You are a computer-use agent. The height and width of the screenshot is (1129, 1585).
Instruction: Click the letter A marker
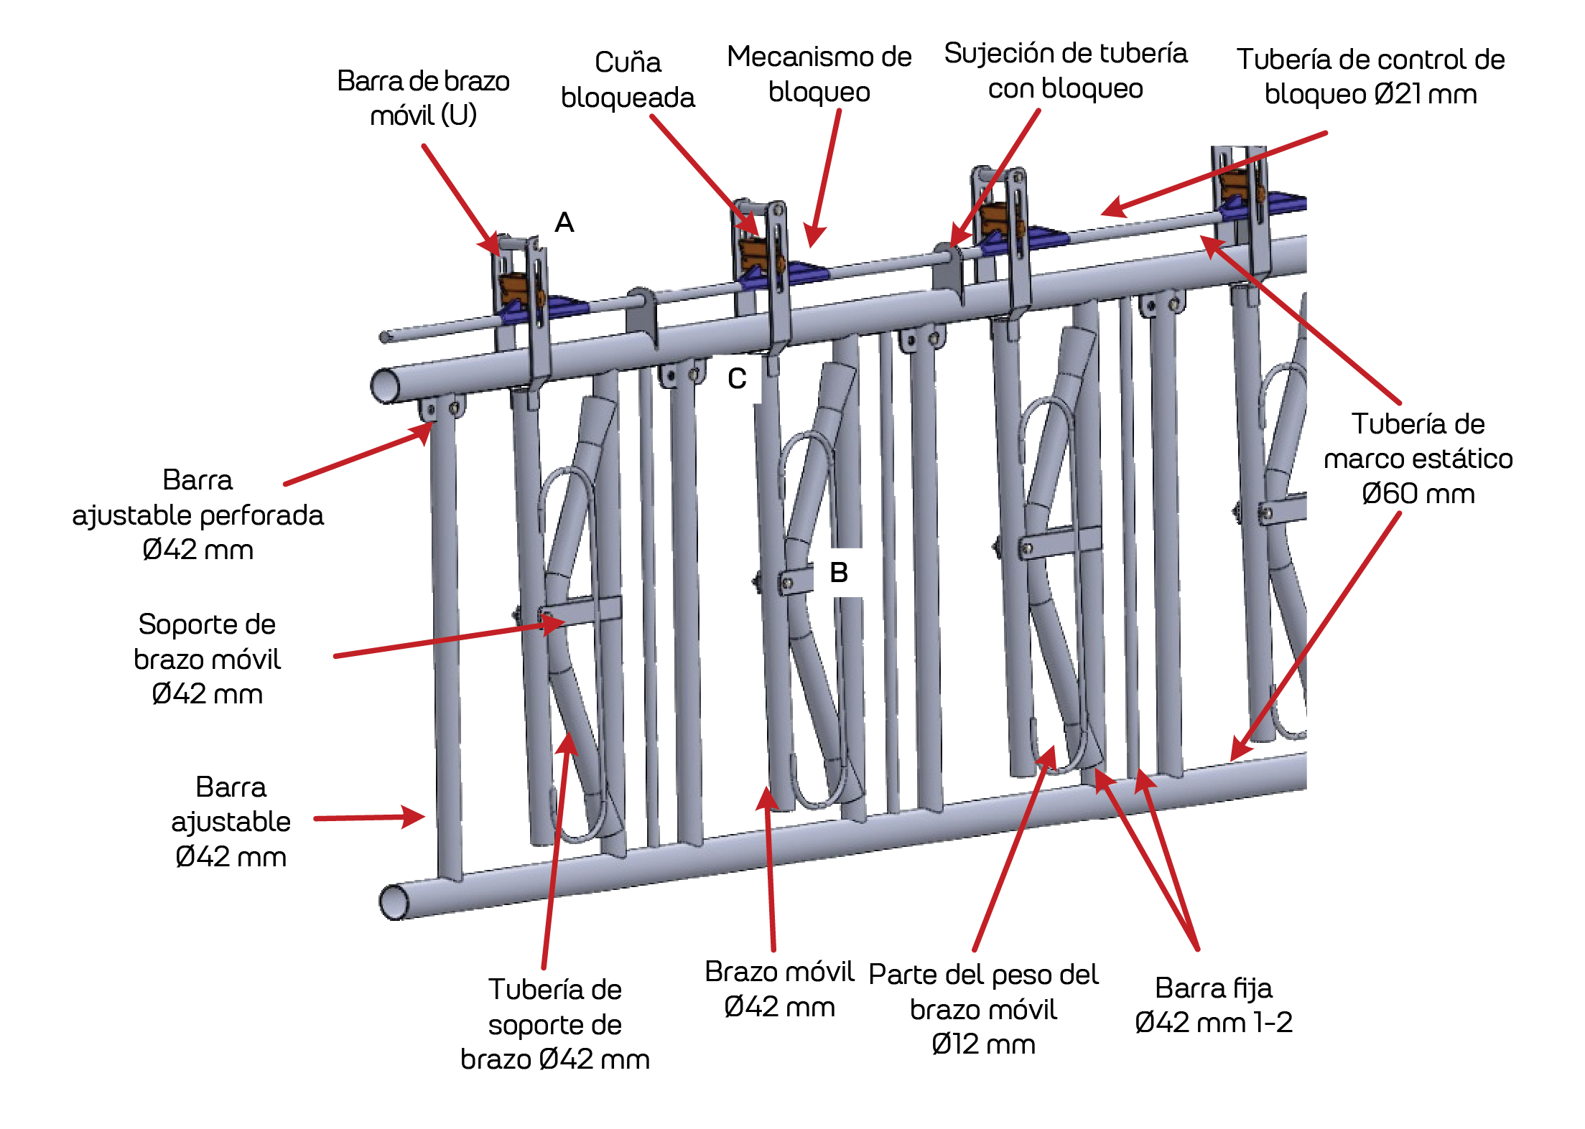click(x=564, y=222)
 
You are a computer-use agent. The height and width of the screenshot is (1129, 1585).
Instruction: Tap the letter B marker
click(x=839, y=573)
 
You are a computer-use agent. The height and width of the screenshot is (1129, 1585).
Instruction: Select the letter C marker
click(x=737, y=378)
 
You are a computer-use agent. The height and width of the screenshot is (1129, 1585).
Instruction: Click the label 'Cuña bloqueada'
click(x=628, y=80)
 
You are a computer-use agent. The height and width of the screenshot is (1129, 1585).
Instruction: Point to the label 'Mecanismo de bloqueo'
click(x=819, y=74)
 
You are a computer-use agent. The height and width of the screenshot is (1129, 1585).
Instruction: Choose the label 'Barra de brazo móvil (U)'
click(x=423, y=98)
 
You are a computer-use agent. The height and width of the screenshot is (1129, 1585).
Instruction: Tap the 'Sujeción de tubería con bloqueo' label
click(x=1065, y=70)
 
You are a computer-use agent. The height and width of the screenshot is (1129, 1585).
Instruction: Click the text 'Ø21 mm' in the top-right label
click(x=1425, y=95)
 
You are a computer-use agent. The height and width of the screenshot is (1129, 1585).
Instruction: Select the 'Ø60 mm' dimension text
click(x=1418, y=494)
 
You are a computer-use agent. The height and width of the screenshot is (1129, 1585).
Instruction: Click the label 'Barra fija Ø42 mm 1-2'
click(x=1213, y=1005)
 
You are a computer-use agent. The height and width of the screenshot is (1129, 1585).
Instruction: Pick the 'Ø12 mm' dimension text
click(x=983, y=1044)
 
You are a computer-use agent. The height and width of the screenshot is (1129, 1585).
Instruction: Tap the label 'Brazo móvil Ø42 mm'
click(x=779, y=989)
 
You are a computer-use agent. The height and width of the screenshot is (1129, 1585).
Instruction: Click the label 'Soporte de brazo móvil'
click(x=207, y=642)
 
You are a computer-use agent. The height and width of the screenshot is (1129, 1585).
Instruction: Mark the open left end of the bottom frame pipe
click(x=393, y=902)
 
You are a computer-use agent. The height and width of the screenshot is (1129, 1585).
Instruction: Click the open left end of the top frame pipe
click(x=385, y=385)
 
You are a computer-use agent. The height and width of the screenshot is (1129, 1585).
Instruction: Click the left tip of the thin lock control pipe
click(x=385, y=337)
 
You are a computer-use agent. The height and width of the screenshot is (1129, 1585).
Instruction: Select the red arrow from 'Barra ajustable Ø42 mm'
click(x=369, y=818)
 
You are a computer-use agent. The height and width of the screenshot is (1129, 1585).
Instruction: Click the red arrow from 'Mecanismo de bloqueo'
click(x=824, y=179)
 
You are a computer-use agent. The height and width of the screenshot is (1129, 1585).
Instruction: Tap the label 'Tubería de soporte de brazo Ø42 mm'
click(x=555, y=1024)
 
